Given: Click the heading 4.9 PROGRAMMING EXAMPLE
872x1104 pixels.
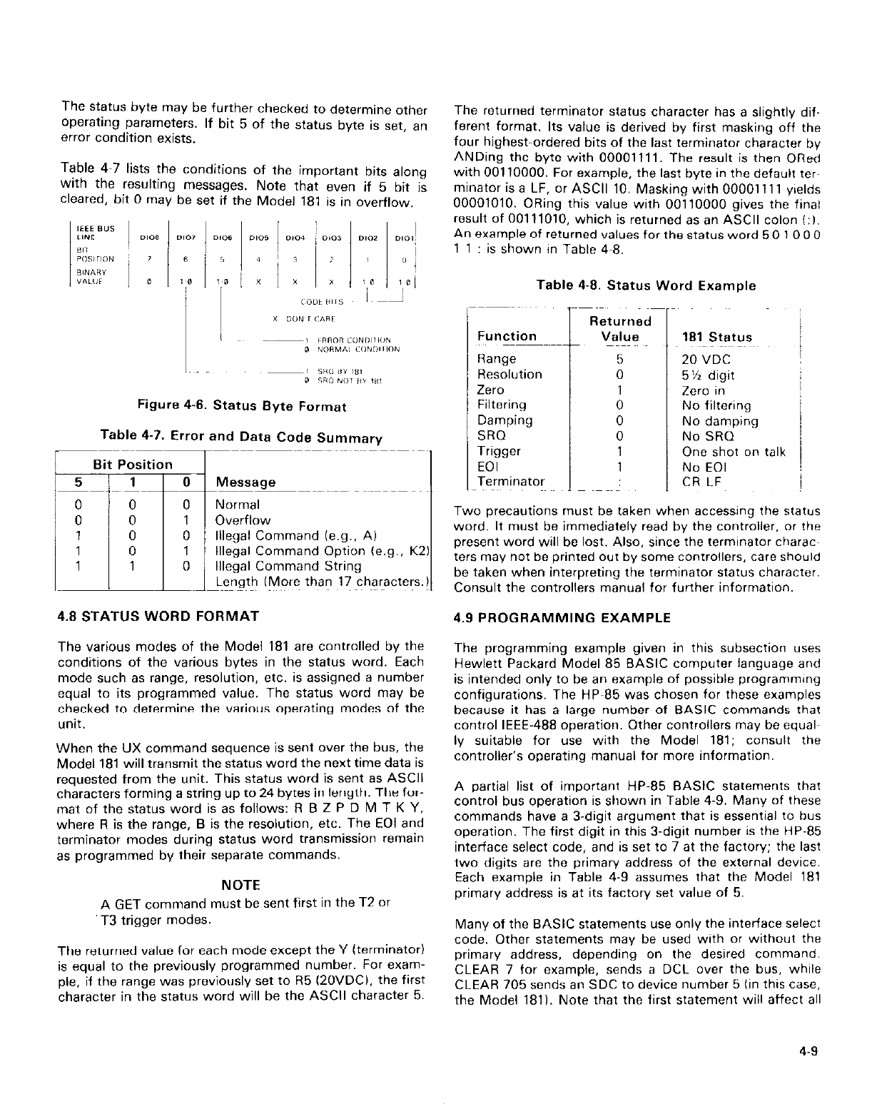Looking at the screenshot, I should coord(562,618).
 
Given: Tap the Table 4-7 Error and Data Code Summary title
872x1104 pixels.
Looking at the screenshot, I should coord(242,437).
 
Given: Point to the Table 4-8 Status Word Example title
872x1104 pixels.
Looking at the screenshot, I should coord(646,285).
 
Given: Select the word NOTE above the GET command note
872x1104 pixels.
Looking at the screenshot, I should coord(241,886).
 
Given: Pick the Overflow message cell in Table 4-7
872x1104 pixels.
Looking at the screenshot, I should coord(243,520).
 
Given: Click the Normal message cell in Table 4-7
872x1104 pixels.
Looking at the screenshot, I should coord(238,505).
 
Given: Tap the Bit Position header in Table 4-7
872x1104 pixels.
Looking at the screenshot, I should coord(128,465).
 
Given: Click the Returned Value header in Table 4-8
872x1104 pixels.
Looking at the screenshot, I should coord(619,329).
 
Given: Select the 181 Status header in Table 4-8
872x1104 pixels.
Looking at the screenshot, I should coord(716,337).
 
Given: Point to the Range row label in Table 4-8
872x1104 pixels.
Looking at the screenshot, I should coord(497,359).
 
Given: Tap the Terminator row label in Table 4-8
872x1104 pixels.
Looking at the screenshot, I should coord(511,482).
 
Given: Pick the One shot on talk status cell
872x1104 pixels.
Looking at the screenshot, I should coord(734,452).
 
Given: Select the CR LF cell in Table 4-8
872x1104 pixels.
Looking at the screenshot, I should coord(703,482).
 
